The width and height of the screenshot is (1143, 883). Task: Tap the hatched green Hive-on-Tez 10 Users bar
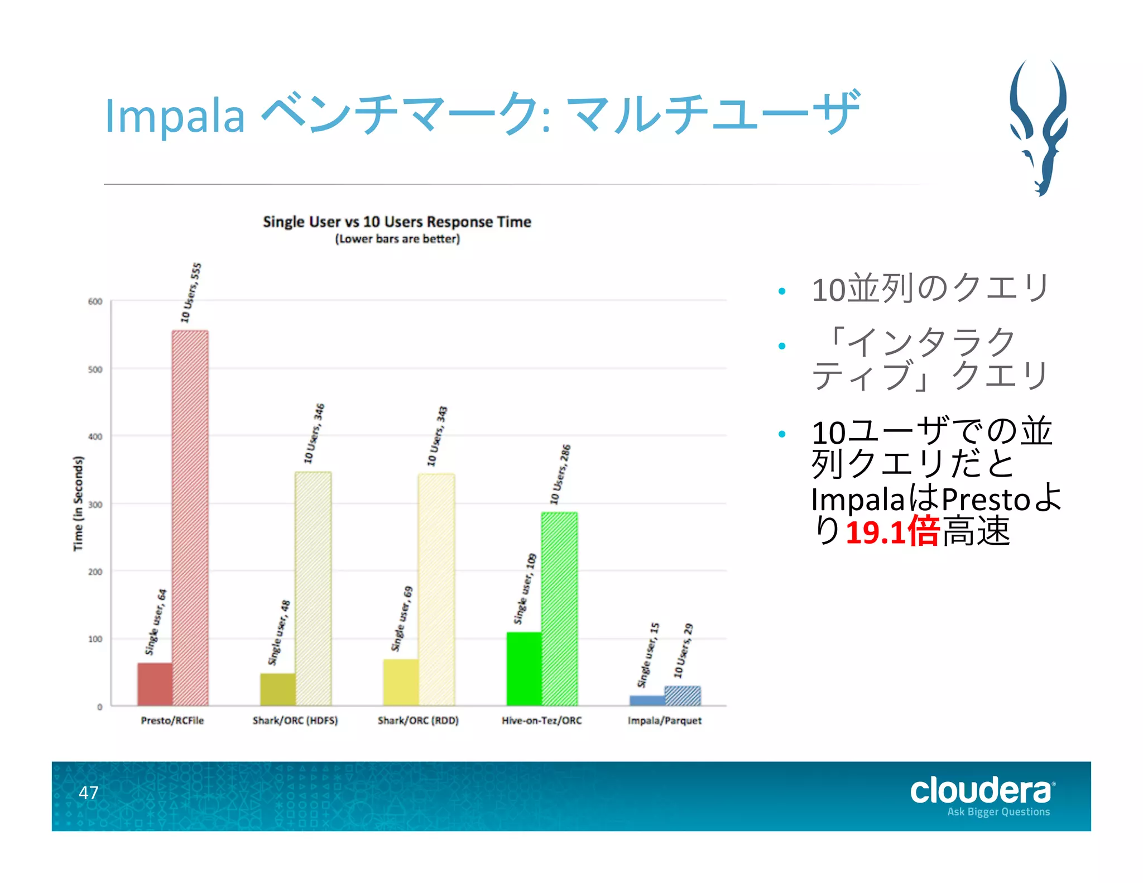tap(559, 608)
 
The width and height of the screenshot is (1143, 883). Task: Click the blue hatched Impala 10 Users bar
tap(683, 696)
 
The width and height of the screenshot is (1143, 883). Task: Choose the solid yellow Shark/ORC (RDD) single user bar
tap(401, 682)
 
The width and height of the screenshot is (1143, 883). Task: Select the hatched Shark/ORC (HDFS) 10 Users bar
tap(313, 588)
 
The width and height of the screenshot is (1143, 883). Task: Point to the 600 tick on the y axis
tap(95, 301)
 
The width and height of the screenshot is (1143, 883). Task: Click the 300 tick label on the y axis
tap(95, 505)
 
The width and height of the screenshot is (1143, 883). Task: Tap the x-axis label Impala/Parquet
tap(664, 721)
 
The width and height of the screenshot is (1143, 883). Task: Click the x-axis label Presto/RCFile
tap(172, 721)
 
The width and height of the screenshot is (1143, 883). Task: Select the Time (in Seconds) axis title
tap(78, 503)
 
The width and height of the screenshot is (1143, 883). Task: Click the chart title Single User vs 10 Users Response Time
tap(397, 222)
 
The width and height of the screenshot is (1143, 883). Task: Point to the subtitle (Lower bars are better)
tap(397, 239)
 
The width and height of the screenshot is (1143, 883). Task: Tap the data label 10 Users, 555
tap(191, 292)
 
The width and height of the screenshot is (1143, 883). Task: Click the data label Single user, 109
tap(525, 588)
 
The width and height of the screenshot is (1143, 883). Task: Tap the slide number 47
tap(88, 793)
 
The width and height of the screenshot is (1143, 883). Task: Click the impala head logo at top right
tap(1038, 127)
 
